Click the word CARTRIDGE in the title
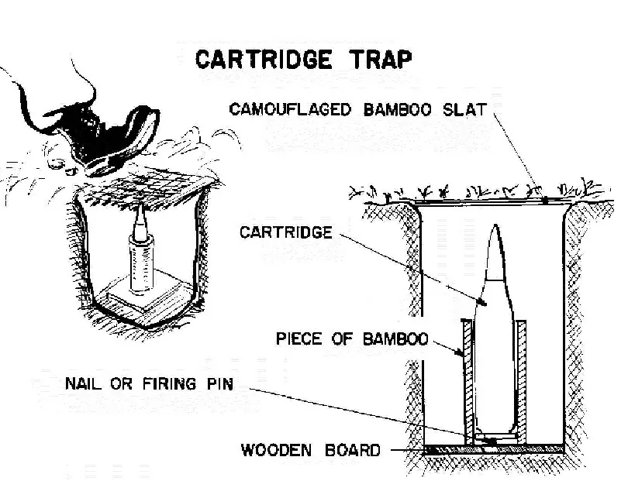click(x=259, y=59)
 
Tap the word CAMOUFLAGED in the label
click(x=291, y=109)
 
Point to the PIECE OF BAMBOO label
click(x=352, y=340)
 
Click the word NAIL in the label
click(x=85, y=384)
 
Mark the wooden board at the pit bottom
click(x=496, y=449)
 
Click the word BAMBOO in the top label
click(x=404, y=109)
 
